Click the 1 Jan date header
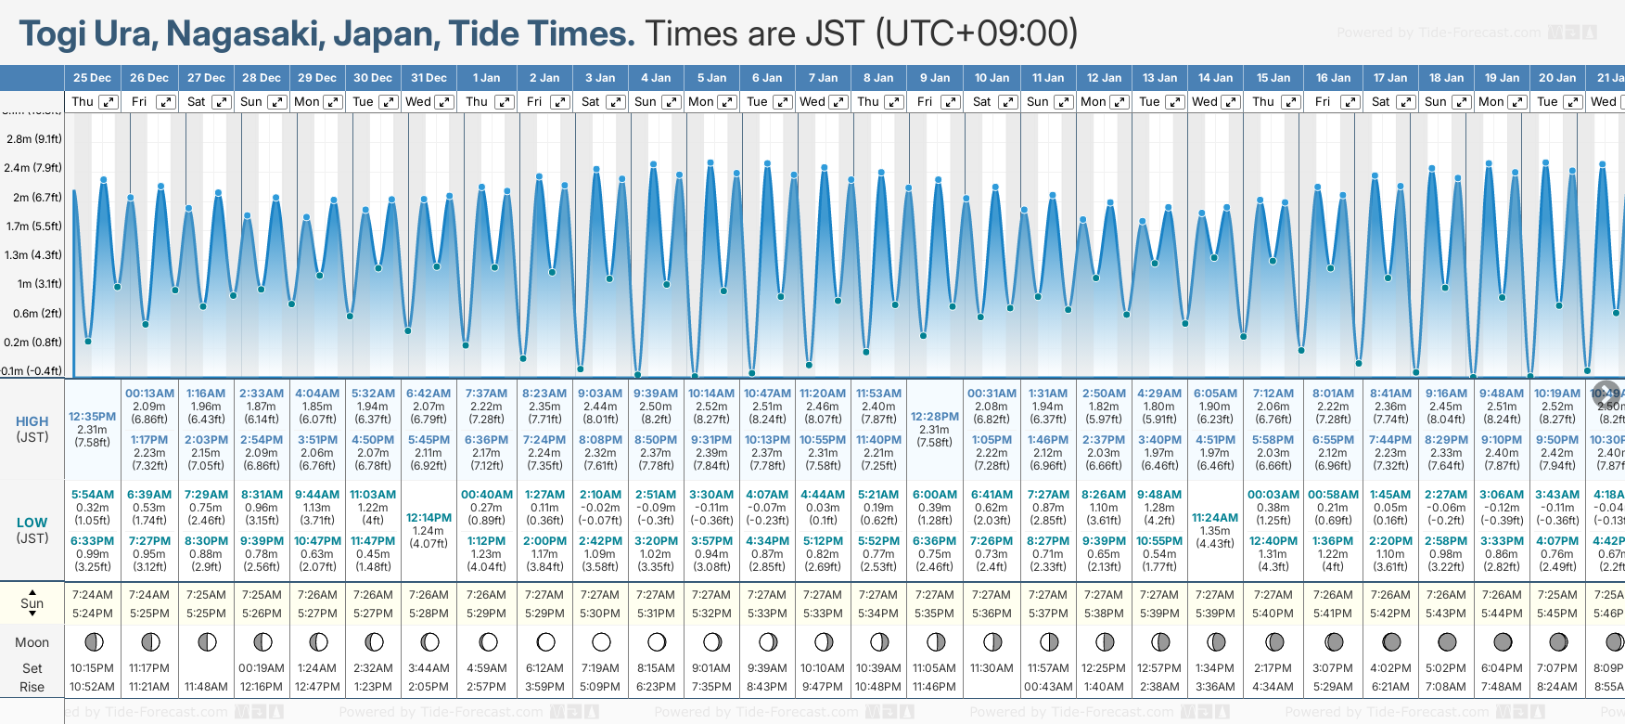(x=486, y=78)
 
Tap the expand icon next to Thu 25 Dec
(x=109, y=102)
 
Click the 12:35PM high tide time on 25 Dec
(x=93, y=417)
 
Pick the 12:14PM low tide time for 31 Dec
(x=429, y=518)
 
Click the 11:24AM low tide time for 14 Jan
(x=1215, y=518)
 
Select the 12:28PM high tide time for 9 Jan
(x=934, y=417)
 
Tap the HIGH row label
(x=32, y=421)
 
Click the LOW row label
(x=32, y=523)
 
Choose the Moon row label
(x=32, y=642)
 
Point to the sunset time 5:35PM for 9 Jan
(x=934, y=614)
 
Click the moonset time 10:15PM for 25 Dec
(x=93, y=668)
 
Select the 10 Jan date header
(x=992, y=78)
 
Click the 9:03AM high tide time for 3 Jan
(x=600, y=394)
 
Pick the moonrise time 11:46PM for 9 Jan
(x=934, y=687)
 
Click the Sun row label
(x=32, y=603)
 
